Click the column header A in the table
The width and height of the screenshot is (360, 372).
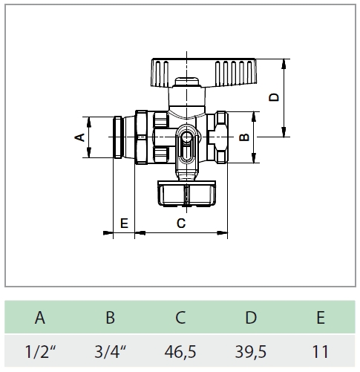point(40,317)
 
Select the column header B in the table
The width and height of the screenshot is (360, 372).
point(111,317)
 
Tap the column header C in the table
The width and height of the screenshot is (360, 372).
point(180,317)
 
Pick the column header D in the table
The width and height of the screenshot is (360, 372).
point(251,317)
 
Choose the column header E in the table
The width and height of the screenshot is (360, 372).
point(321,317)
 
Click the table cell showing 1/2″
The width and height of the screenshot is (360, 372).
point(41,351)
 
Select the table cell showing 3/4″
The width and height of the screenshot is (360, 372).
point(111,351)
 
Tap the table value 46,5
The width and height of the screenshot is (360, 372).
point(180,352)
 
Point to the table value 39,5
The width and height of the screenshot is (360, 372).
point(251,352)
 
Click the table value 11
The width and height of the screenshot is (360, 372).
point(321,352)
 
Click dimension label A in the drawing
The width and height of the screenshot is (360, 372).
point(79,137)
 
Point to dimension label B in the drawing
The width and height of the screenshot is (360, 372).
point(244,137)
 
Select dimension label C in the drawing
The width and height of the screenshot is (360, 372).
point(181,223)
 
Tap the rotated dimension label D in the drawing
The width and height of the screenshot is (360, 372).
point(274,97)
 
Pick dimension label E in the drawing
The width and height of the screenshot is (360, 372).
point(124,223)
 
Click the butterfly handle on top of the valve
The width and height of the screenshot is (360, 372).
point(203,72)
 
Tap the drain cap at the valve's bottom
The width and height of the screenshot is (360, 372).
point(186,194)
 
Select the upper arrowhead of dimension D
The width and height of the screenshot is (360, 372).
point(284,64)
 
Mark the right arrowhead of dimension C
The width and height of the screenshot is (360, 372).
point(222,233)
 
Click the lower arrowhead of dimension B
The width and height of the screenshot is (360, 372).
point(254,158)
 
